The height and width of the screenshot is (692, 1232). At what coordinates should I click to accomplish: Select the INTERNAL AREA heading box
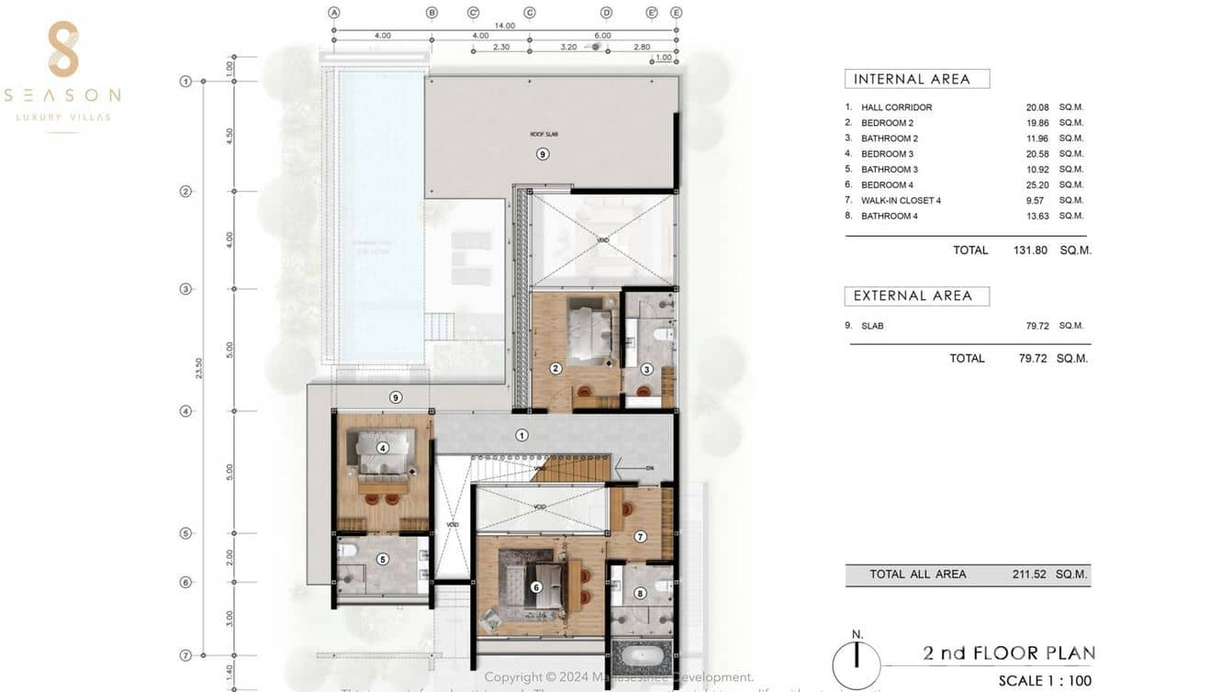pos(916,79)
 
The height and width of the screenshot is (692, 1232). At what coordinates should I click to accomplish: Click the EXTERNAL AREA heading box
pos(916,296)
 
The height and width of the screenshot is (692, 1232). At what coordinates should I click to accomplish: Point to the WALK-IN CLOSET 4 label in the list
pos(901,200)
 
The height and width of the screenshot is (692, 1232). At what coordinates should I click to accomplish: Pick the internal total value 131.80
pos(1029,250)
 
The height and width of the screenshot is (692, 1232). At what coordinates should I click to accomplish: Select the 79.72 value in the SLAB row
pos(1036,326)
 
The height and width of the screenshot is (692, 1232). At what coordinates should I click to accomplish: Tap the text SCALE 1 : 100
pos(1045,681)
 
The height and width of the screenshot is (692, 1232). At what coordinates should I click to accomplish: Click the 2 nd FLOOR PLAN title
pos(1008,653)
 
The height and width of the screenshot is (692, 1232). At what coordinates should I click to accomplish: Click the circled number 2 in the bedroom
pos(555,369)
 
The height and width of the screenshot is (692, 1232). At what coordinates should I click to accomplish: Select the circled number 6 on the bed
pos(536,587)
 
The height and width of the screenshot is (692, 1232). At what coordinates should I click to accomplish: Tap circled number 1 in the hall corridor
pos(521,435)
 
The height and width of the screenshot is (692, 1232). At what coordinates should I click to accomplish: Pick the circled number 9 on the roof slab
pos(543,154)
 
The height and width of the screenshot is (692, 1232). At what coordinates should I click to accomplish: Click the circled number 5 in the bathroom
pos(383,559)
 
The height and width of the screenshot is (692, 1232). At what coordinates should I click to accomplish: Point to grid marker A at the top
pos(334,13)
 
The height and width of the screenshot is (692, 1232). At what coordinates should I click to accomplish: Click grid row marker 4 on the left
pos(185,411)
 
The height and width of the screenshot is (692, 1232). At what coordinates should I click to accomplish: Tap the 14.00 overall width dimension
pos(504,26)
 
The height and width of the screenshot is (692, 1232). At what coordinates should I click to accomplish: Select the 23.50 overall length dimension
pos(200,368)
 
